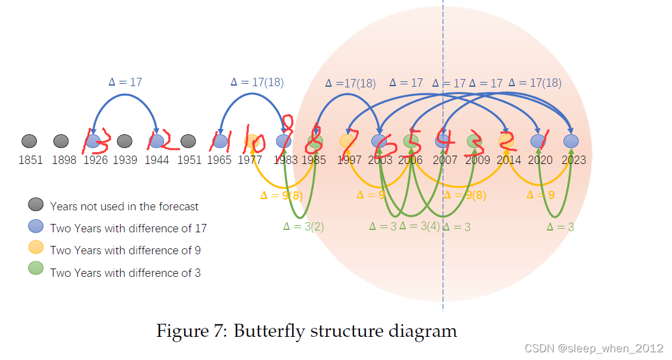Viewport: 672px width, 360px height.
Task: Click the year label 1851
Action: click(x=30, y=160)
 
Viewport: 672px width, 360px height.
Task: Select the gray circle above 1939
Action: click(x=124, y=141)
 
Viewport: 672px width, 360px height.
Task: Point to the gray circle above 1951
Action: click(x=188, y=141)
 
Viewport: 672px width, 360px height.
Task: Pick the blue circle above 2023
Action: click(x=571, y=141)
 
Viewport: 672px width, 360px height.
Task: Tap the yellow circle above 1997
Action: click(x=347, y=141)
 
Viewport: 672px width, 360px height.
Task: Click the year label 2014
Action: click(x=509, y=160)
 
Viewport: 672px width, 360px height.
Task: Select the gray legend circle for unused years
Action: click(x=36, y=205)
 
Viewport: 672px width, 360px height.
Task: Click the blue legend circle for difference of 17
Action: click(x=36, y=227)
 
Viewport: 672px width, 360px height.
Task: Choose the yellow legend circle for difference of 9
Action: click(x=36, y=249)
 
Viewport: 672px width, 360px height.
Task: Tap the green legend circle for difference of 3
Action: click(x=36, y=271)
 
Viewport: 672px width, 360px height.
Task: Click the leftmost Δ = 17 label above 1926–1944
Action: click(x=125, y=83)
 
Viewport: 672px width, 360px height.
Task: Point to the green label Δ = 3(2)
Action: click(x=304, y=226)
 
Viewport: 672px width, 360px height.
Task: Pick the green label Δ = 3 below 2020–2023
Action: click(x=560, y=226)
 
